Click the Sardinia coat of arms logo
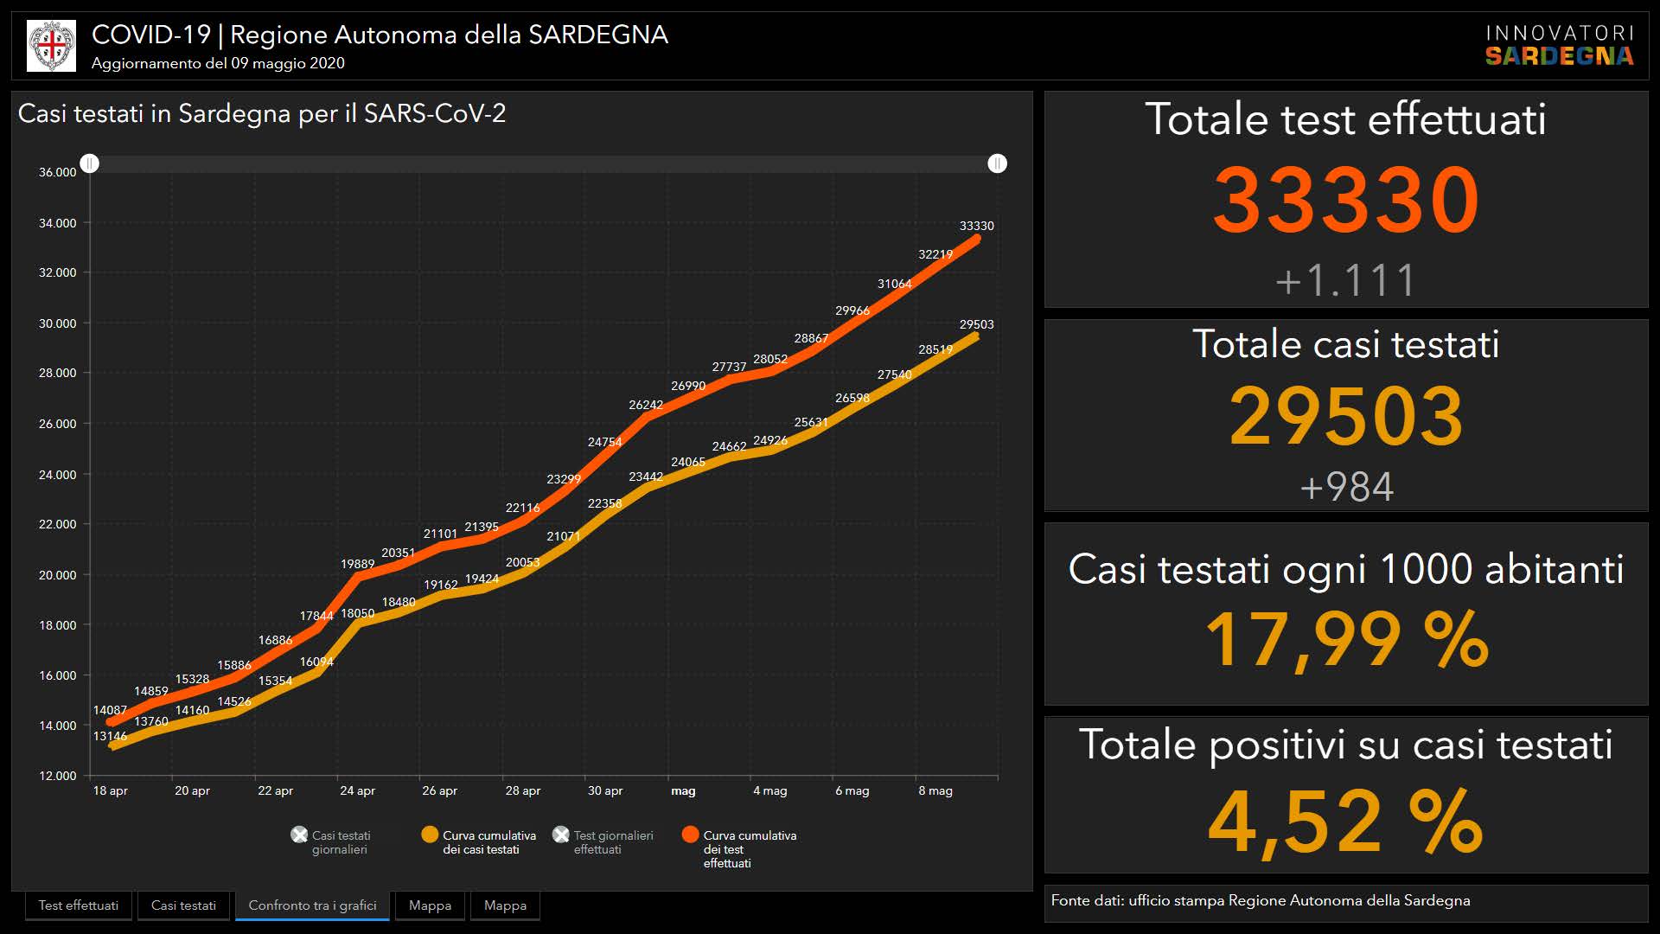(x=52, y=46)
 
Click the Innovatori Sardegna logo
(x=1559, y=45)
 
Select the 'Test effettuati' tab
(x=79, y=905)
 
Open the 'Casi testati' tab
(x=183, y=905)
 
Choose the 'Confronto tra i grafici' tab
(x=312, y=905)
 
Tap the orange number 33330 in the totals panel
(x=1345, y=201)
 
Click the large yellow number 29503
(x=1345, y=417)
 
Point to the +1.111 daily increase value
(x=1345, y=280)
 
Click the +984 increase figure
(x=1345, y=487)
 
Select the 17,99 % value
(x=1345, y=640)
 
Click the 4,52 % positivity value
(x=1345, y=822)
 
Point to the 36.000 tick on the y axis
(x=57, y=172)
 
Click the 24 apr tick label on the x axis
(x=357, y=790)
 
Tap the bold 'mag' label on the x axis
(x=683, y=790)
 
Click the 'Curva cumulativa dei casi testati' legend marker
(x=430, y=835)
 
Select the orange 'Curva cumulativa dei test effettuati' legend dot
(x=690, y=835)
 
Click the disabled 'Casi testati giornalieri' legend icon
(x=299, y=835)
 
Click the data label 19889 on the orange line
(x=357, y=564)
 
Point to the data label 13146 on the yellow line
(x=110, y=736)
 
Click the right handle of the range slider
(x=997, y=163)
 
